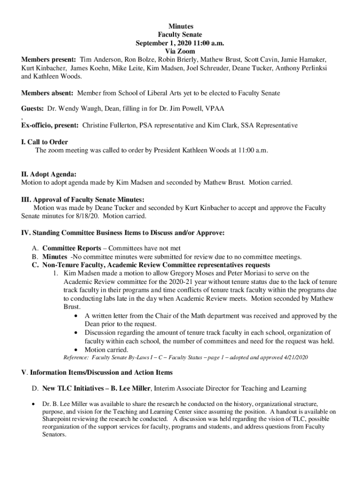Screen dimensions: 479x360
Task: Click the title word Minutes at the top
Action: pos(180,27)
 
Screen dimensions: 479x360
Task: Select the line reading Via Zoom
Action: pos(180,51)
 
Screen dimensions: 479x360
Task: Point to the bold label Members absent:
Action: pos(48,93)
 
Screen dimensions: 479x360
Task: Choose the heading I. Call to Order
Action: pos(44,142)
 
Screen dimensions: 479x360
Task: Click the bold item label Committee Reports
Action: pos(72,248)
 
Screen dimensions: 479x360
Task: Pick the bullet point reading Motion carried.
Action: pos(106,349)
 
